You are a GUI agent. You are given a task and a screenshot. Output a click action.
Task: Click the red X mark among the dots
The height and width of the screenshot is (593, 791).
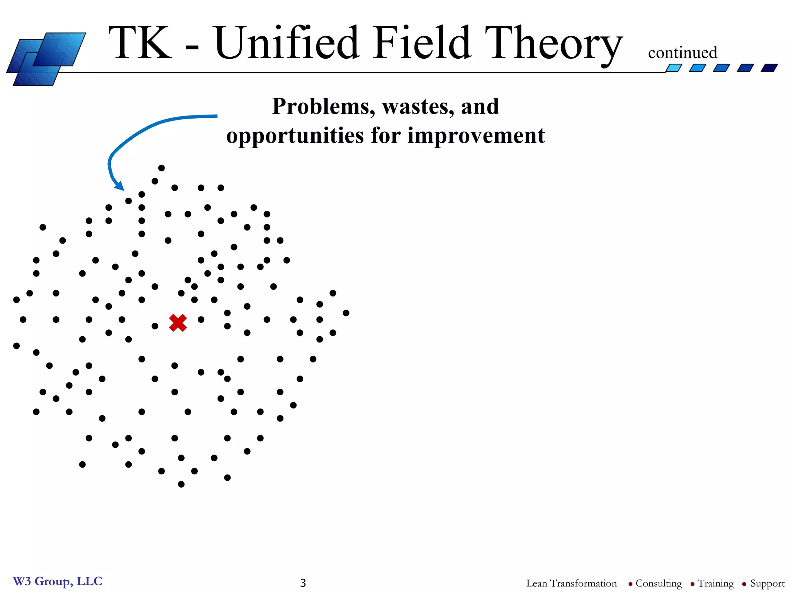click(178, 323)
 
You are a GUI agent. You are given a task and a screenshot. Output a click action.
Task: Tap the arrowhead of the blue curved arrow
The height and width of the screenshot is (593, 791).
click(120, 186)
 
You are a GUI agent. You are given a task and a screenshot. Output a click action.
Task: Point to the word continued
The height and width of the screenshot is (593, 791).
click(682, 53)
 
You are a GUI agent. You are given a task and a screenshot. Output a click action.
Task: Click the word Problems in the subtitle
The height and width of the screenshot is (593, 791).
click(323, 106)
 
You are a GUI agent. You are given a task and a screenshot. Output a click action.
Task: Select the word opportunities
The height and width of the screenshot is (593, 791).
click(295, 136)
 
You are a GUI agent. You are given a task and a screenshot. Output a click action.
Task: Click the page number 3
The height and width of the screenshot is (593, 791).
click(303, 583)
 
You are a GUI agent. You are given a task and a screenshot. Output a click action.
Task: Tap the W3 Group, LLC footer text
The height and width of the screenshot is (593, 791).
click(58, 581)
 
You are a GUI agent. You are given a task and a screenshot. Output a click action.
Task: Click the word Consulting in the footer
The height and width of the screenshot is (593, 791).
click(658, 583)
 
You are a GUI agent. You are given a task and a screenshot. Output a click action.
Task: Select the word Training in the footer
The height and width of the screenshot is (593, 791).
click(715, 583)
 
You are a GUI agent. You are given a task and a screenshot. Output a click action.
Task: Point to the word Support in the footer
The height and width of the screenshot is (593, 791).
click(767, 583)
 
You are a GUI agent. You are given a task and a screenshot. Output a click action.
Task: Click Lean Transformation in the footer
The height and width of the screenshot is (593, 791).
click(571, 583)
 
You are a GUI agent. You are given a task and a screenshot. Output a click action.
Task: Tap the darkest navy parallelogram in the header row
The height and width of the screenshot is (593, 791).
click(769, 68)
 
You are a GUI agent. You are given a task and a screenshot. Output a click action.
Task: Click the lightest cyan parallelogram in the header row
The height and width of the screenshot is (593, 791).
click(674, 68)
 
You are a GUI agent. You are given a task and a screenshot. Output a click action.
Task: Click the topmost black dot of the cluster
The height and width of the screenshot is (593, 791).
click(161, 168)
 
